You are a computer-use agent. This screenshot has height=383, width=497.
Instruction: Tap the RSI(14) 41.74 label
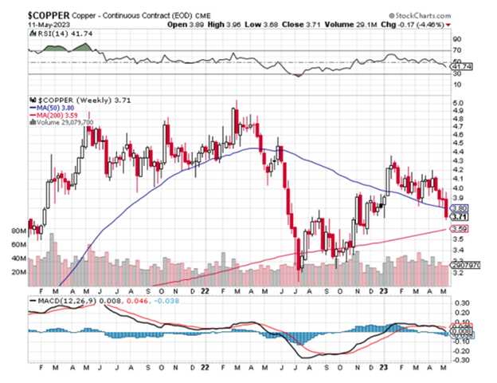(52, 34)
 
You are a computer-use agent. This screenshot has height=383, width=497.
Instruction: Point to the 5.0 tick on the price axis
(458, 104)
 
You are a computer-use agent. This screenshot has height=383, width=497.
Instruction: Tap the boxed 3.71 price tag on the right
(460, 216)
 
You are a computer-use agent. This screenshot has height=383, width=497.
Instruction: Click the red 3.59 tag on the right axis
(460, 230)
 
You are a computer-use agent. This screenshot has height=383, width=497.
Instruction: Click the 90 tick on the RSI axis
(456, 38)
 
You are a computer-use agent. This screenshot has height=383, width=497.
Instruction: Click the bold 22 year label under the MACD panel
(203, 371)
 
